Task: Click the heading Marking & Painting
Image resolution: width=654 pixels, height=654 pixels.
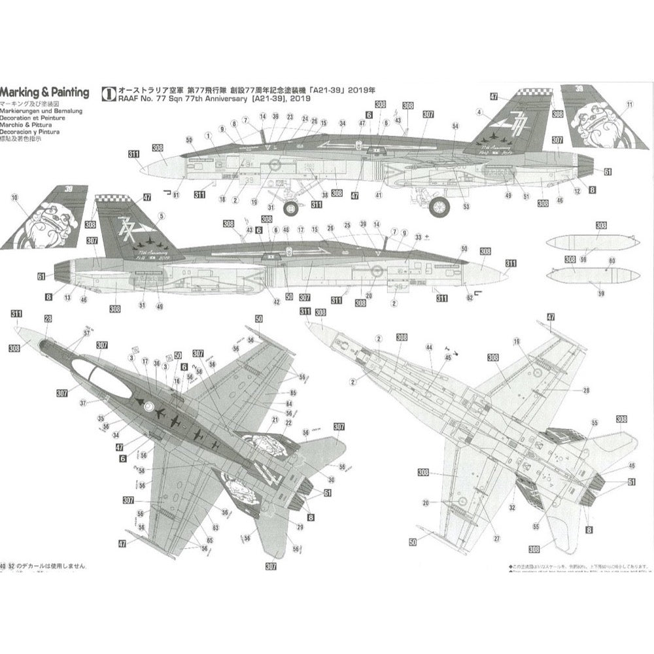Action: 44,92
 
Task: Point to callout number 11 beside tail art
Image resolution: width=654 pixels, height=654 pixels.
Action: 629,105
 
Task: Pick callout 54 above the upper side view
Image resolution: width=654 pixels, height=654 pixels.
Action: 455,126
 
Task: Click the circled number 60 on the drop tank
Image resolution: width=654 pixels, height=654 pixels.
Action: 611,260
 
